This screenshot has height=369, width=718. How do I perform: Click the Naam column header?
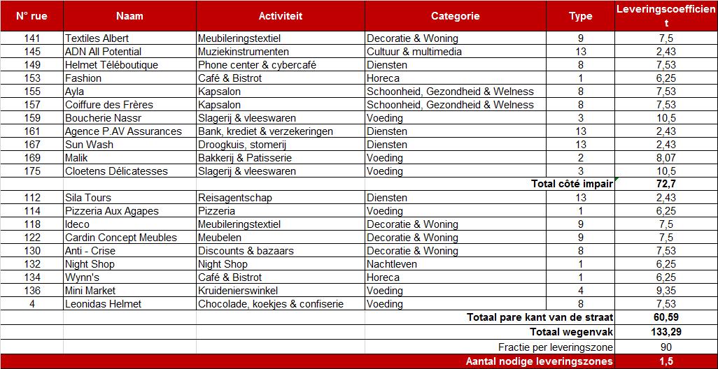129,16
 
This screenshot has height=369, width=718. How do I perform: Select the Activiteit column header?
280,16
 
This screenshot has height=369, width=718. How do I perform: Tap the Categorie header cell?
455,16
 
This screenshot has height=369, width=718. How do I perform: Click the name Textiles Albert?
97,38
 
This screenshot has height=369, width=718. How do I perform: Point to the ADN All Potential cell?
103,52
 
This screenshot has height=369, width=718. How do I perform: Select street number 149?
32,65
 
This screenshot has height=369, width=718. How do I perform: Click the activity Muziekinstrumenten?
243,52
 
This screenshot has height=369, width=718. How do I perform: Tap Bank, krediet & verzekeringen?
265,131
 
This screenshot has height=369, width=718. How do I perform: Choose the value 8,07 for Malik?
666,158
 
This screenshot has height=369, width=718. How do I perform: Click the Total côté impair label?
572,184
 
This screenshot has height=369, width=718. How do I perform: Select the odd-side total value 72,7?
666,184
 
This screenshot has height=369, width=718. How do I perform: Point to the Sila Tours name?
88,198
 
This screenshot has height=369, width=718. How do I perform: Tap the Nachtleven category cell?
392,264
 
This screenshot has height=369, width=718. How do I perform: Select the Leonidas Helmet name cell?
103,304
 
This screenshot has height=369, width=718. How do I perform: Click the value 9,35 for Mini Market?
666,291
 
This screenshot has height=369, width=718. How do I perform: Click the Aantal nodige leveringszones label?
539,361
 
